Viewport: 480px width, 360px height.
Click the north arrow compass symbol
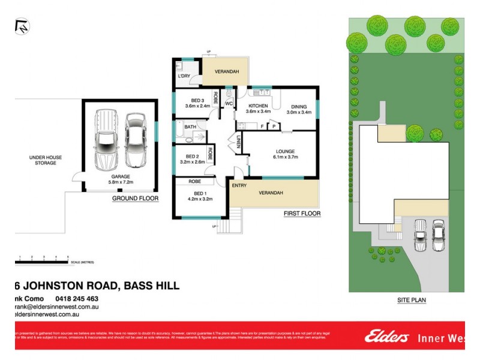click(x=22, y=26)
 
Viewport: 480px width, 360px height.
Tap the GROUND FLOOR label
click(x=136, y=198)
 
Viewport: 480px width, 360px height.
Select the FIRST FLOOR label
click(x=302, y=214)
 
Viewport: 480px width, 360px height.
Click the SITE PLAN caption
click(x=410, y=299)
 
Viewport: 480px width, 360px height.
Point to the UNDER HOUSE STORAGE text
click(x=46, y=160)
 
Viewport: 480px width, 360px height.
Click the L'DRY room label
click(x=184, y=76)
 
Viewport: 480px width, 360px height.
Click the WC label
click(x=229, y=103)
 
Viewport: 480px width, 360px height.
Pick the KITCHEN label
click(x=259, y=106)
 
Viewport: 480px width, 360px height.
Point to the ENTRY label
click(x=239, y=185)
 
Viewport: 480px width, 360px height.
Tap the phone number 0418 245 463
click(x=76, y=298)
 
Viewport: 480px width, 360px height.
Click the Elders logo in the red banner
click(x=386, y=337)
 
